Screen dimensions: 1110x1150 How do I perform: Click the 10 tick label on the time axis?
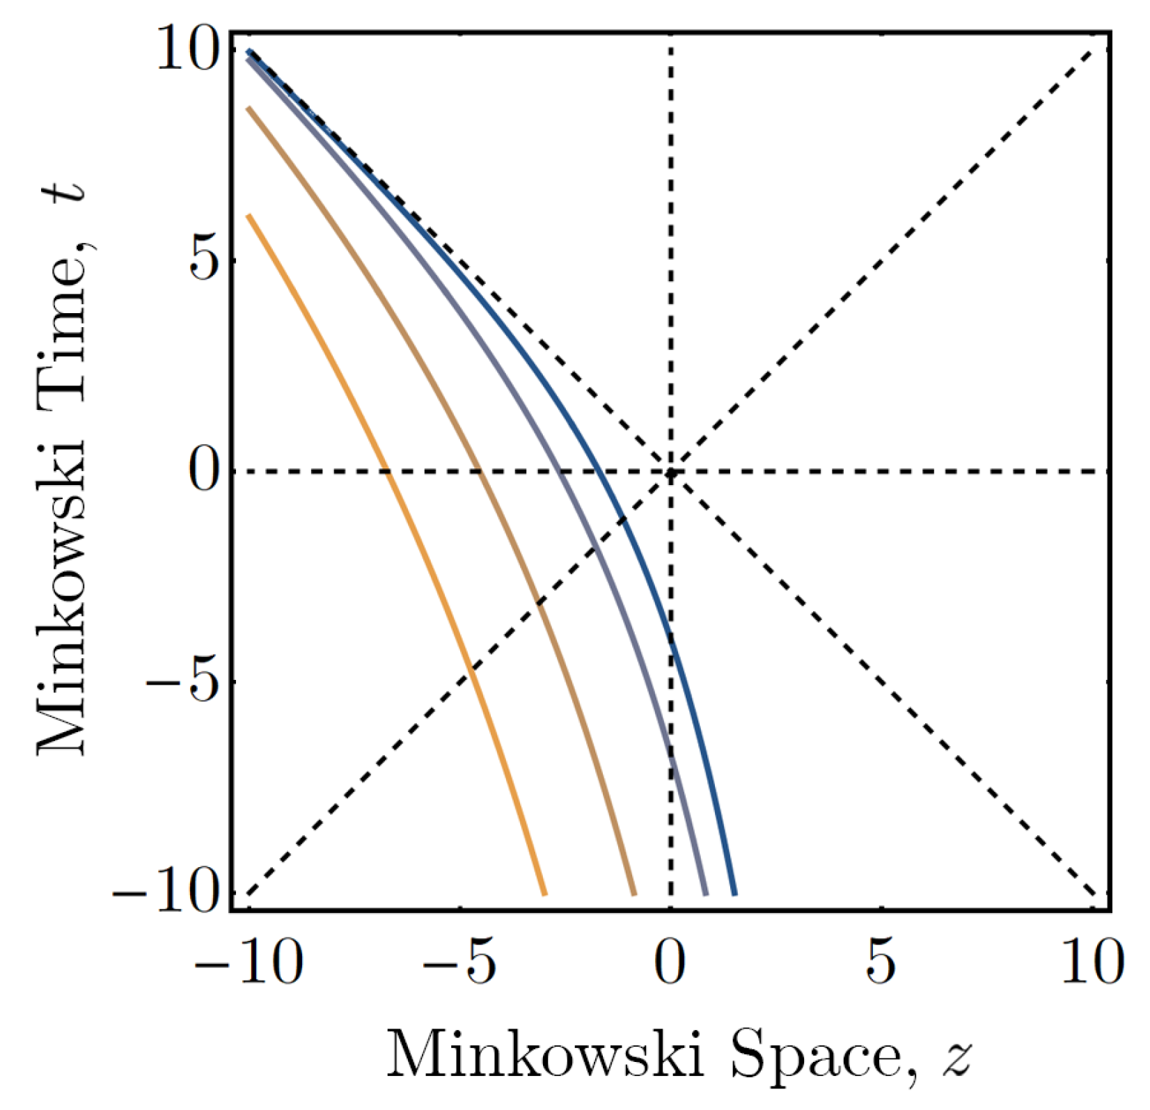pyautogui.click(x=186, y=51)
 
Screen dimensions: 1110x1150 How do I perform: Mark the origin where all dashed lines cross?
pyautogui.click(x=670, y=473)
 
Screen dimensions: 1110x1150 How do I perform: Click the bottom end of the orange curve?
pyautogui.click(x=544, y=894)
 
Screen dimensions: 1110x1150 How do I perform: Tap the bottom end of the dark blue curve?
pyautogui.click(x=734, y=894)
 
